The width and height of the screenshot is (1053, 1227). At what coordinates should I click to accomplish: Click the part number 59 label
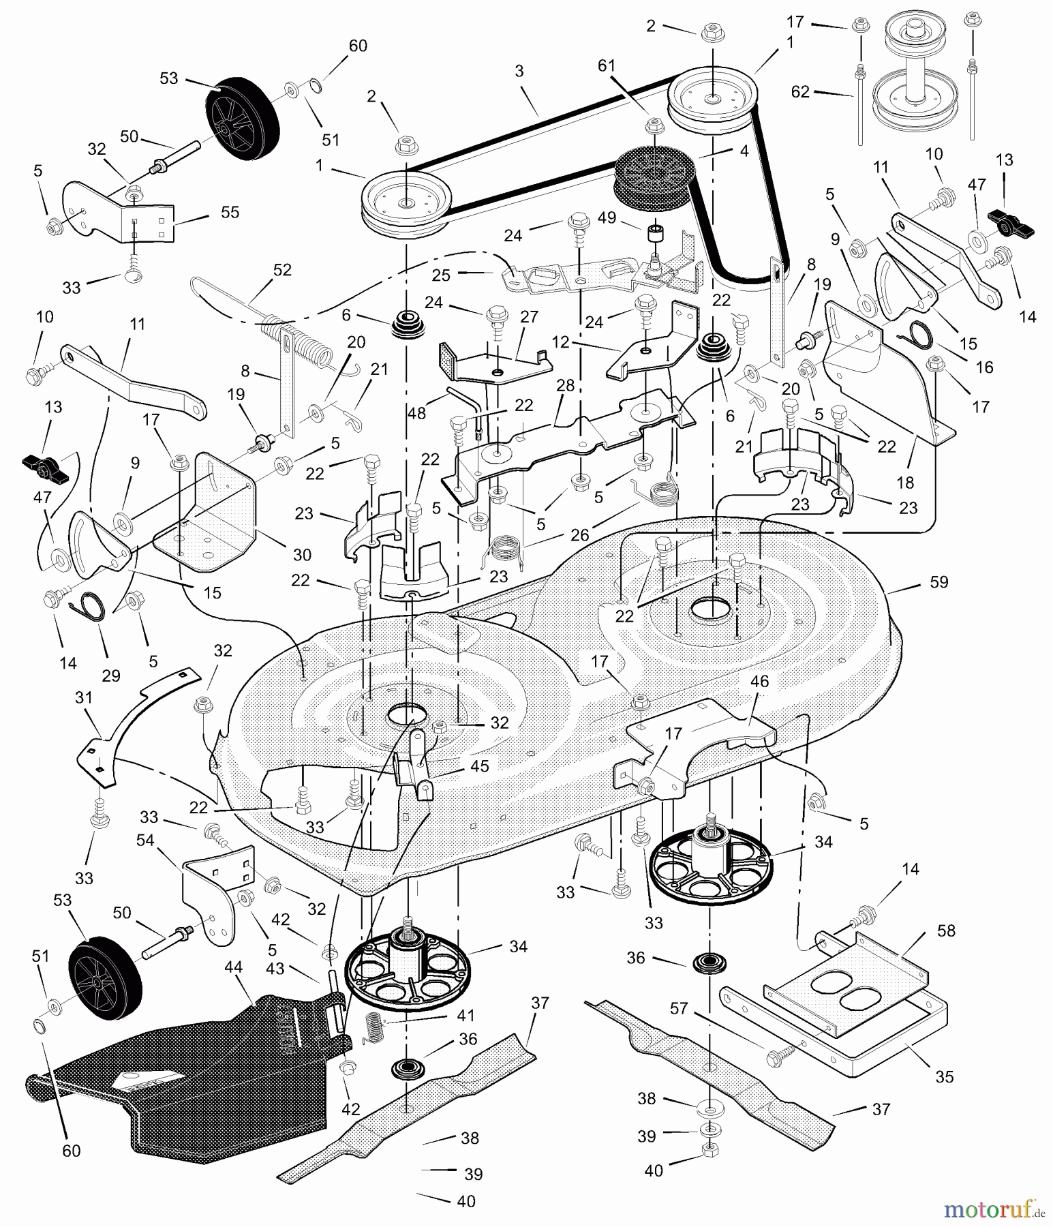tap(938, 583)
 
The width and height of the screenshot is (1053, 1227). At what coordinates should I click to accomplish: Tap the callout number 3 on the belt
tap(519, 71)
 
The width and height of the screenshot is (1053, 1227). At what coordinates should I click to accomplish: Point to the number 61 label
tap(607, 66)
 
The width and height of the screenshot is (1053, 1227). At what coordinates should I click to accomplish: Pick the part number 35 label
tap(944, 1077)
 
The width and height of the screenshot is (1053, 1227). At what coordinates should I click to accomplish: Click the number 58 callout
tap(946, 930)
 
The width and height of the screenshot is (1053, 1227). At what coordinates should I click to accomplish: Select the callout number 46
tap(759, 681)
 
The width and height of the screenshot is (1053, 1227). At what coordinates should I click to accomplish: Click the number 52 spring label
tap(281, 270)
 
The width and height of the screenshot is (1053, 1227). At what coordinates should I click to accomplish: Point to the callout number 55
tap(230, 212)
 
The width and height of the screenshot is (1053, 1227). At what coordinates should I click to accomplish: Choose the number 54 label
tap(145, 840)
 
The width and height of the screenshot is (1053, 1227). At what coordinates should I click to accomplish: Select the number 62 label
tap(800, 91)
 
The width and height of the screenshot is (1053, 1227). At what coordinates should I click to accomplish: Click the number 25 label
tap(442, 275)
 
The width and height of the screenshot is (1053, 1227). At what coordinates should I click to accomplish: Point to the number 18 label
tap(905, 483)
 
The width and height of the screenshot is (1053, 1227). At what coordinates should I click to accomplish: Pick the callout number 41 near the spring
tap(466, 1015)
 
